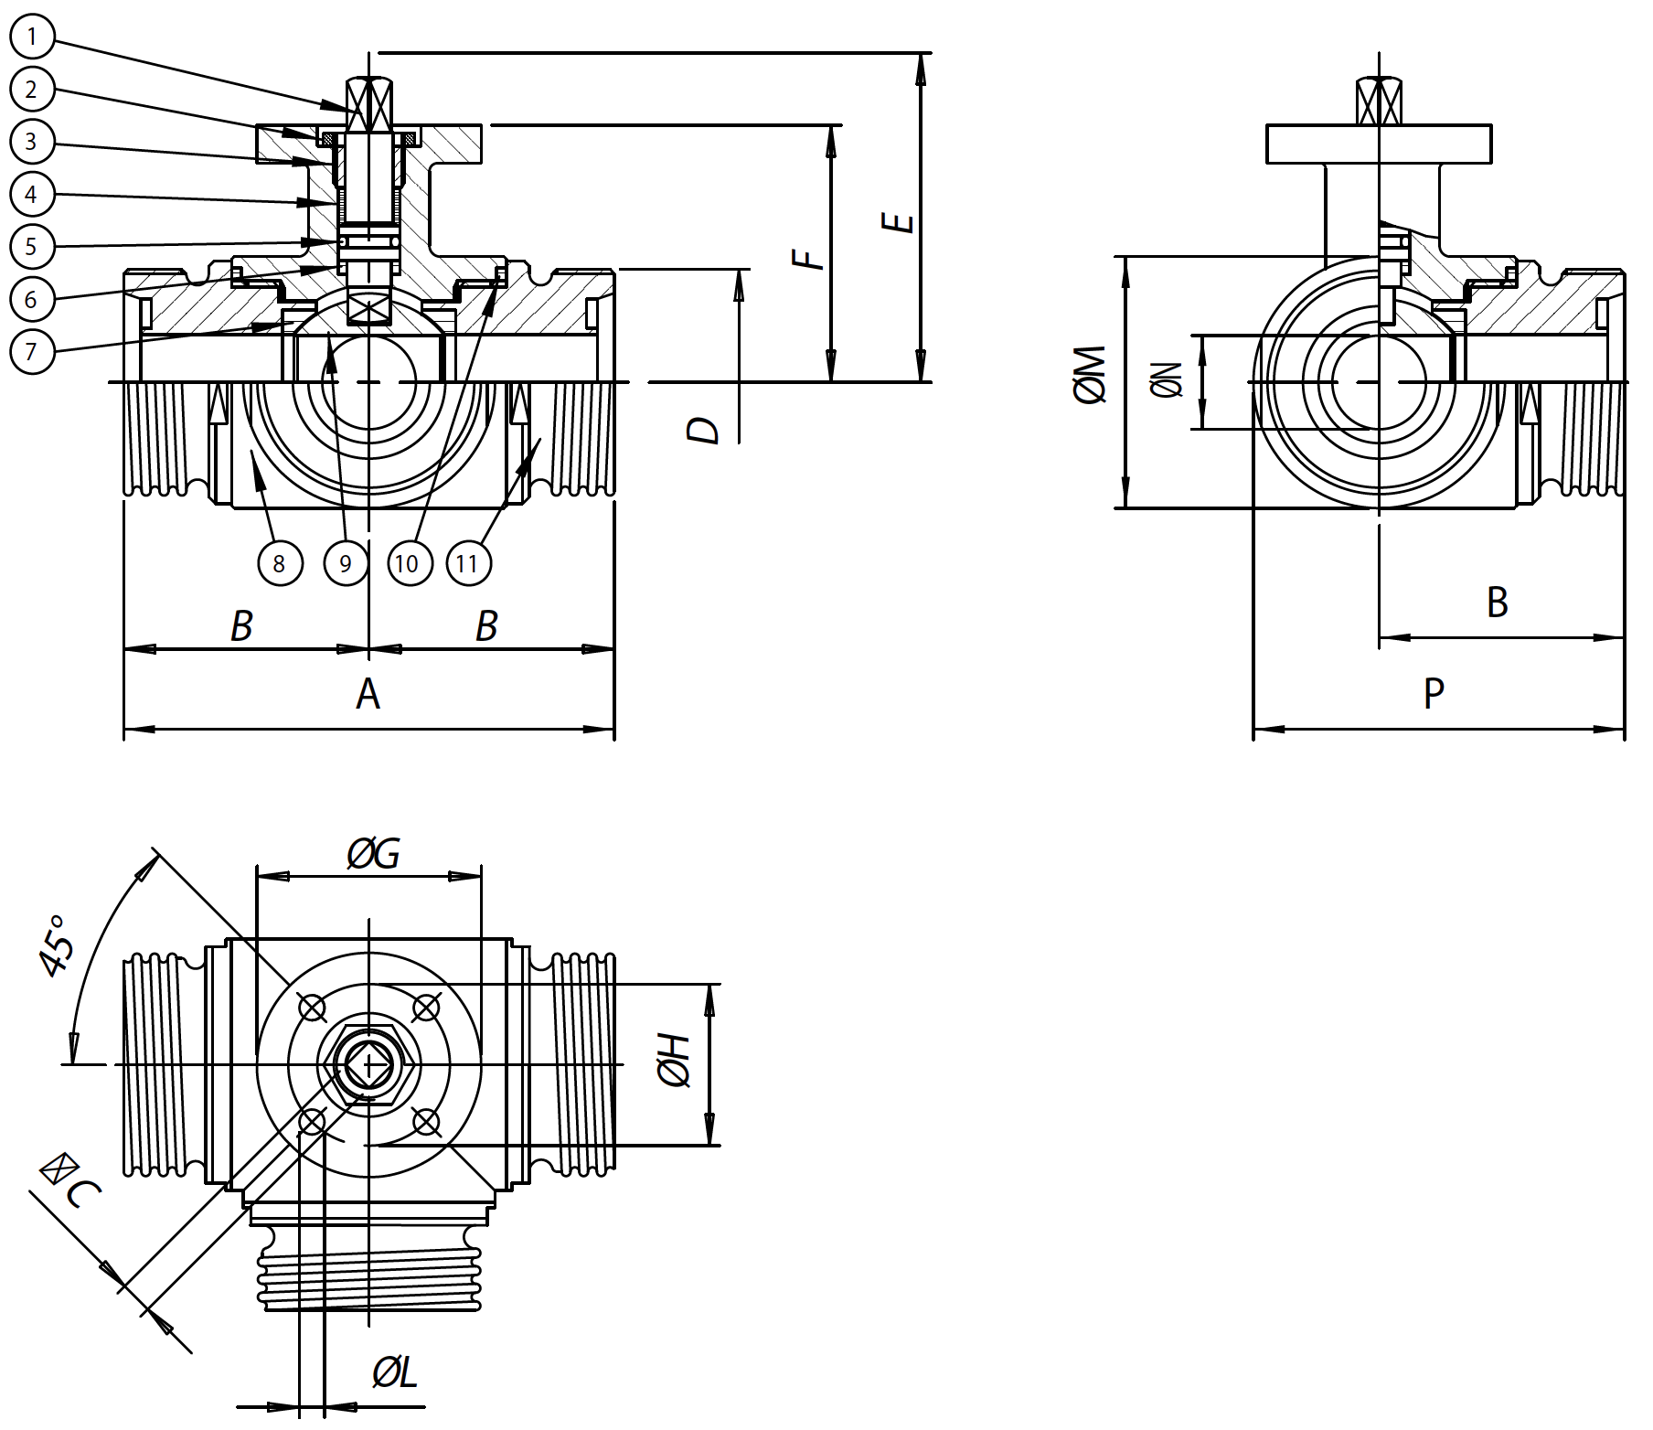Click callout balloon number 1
[32, 37]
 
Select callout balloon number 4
[32, 194]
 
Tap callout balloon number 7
[32, 351]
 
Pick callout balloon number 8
[279, 563]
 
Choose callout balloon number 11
[467, 563]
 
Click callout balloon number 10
[408, 563]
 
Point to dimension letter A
[368, 694]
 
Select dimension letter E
[901, 222]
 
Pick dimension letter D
[705, 430]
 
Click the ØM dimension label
[1093, 374]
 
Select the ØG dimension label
[373, 854]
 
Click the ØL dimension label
[395, 1372]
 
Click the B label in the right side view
[1497, 602]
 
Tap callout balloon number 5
[32, 246]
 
